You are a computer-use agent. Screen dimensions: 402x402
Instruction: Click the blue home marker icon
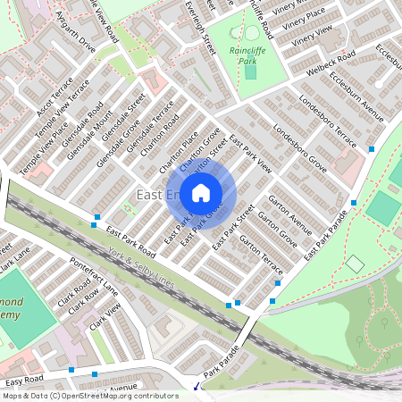pos(201,191)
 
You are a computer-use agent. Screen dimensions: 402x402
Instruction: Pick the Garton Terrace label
pos(261,257)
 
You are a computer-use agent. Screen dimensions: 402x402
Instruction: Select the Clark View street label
pos(105,320)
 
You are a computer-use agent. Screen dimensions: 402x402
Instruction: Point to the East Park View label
pos(251,153)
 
